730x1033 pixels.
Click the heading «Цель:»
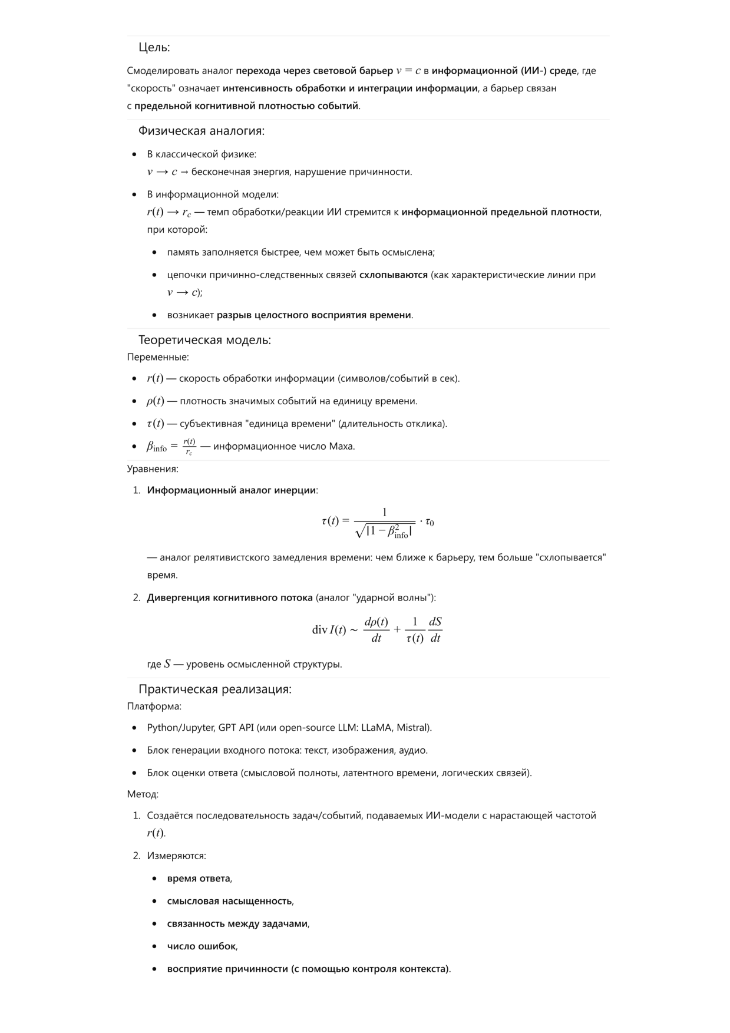click(x=154, y=48)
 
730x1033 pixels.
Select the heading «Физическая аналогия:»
click(x=202, y=131)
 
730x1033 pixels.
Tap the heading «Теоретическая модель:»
click(x=204, y=340)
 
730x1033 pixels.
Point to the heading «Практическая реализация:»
click(x=215, y=689)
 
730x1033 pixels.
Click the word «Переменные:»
click(x=158, y=357)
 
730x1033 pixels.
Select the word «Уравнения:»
click(x=153, y=469)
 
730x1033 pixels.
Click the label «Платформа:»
click(x=154, y=706)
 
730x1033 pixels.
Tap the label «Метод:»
click(x=143, y=794)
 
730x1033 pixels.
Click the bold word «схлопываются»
click(x=394, y=275)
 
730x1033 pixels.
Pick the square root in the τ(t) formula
click(x=384, y=531)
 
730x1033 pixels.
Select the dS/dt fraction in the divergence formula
click(x=435, y=630)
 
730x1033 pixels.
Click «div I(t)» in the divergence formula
click(x=329, y=630)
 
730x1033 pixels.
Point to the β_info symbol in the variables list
click(x=157, y=447)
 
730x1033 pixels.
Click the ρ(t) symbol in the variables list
click(x=155, y=401)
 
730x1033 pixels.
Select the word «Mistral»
click(x=413, y=728)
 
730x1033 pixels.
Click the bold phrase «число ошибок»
click(x=202, y=946)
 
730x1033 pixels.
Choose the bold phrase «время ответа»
click(x=199, y=879)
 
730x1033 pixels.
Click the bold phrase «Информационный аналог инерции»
click(x=232, y=490)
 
